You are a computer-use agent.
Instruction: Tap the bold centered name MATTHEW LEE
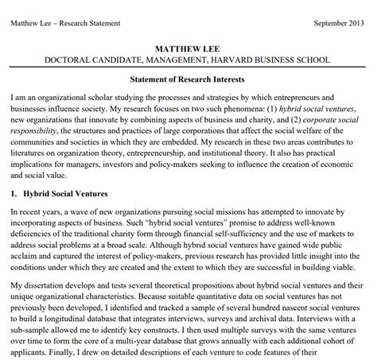pyautogui.click(x=188, y=47)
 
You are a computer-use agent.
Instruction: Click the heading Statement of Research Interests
pyautogui.click(x=188, y=79)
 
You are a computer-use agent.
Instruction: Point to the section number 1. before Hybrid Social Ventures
pyautogui.click(x=14, y=193)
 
